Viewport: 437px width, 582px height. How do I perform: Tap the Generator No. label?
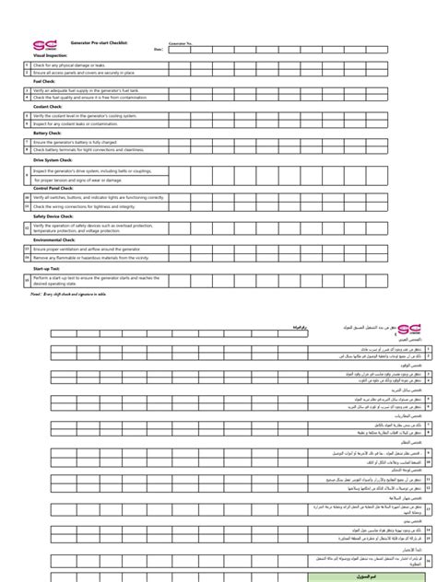[182, 43]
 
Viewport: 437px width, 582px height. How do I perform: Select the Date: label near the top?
[159, 50]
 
